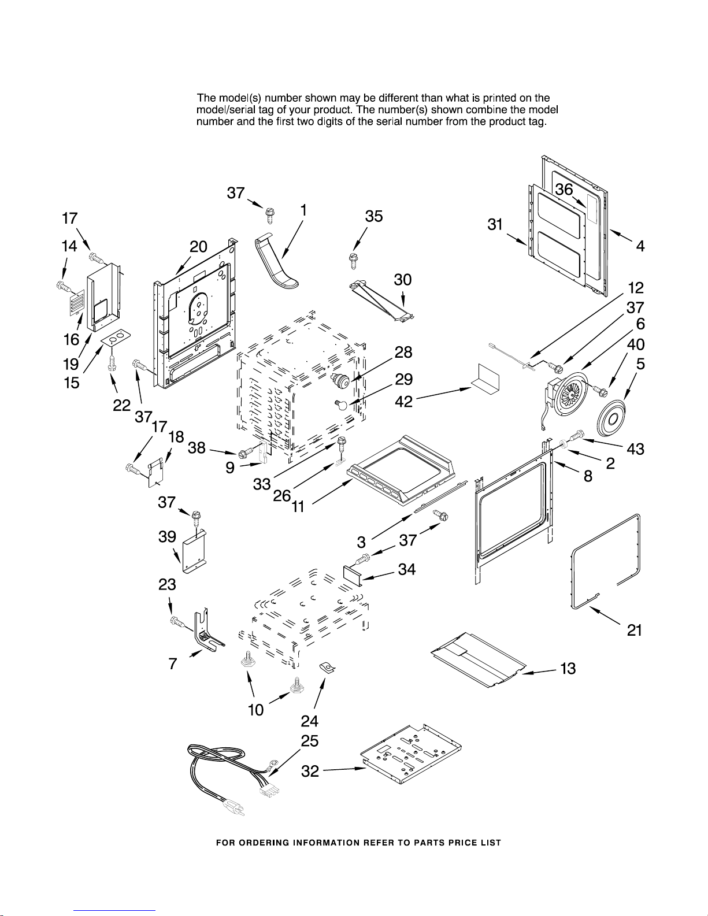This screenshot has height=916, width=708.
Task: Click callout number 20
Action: click(x=199, y=247)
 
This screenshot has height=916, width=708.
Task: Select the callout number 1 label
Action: click(x=302, y=210)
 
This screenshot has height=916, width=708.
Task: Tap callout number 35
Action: click(x=374, y=216)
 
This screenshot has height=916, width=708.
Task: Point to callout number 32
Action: click(x=310, y=771)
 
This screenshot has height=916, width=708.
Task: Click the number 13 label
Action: click(x=568, y=669)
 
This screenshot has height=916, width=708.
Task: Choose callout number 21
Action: click(x=635, y=631)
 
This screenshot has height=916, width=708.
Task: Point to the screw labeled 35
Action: click(x=353, y=261)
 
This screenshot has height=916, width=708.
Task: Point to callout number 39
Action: click(x=167, y=537)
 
